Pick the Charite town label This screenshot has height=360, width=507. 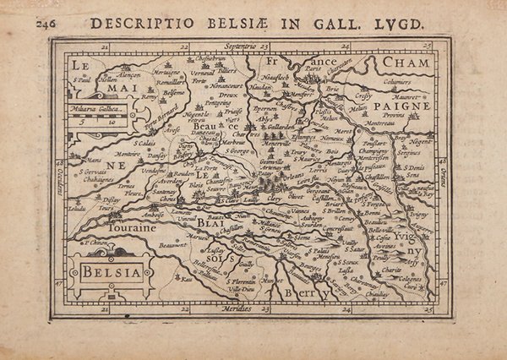pos(390,270)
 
